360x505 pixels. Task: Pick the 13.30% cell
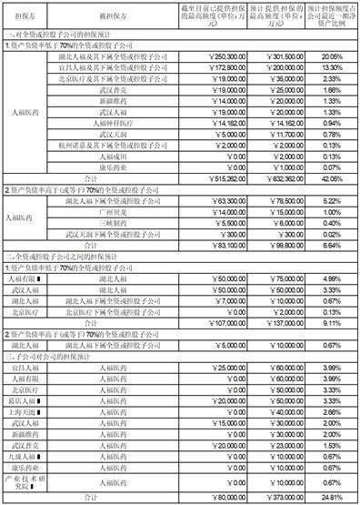tap(331, 66)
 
